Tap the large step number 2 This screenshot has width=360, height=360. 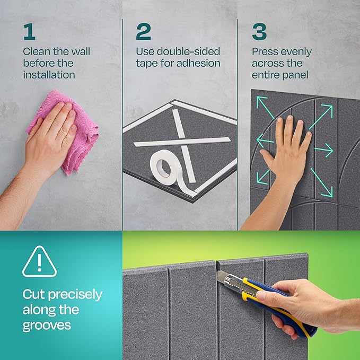pos(143,32)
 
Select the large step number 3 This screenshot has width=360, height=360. pos(259,32)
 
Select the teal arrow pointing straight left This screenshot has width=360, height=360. pos(265,141)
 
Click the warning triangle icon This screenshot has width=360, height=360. pos(39,262)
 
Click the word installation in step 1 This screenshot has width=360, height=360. pos(49,75)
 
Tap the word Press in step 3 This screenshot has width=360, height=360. pos(265,52)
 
